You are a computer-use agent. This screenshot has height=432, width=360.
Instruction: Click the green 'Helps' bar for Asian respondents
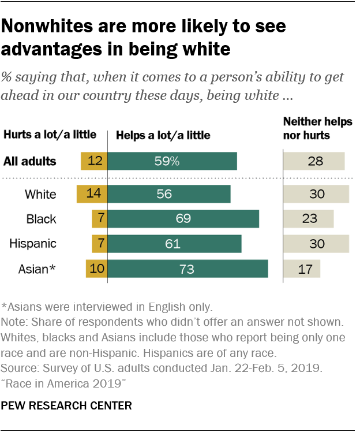tap(188, 269)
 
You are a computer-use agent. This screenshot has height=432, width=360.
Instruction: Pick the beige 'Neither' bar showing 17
tap(301, 269)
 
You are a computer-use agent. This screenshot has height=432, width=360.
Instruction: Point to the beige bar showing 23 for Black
tap(308, 219)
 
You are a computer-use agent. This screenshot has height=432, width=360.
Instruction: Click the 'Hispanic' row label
tap(33, 244)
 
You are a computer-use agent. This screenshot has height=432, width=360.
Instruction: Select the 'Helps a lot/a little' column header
tap(163, 135)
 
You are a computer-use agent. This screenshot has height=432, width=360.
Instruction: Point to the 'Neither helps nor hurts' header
tap(317, 128)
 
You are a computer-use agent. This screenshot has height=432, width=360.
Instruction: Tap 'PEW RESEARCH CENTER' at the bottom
tap(66, 405)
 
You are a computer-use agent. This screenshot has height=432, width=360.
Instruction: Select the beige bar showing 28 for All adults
tap(313, 161)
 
